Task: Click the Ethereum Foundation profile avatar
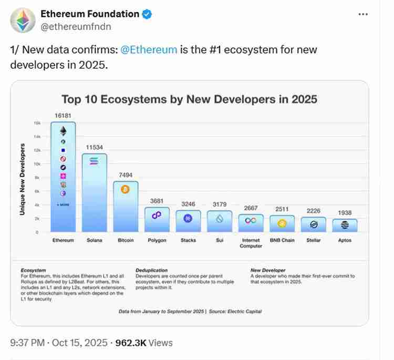(22, 20)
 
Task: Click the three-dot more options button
(363, 14)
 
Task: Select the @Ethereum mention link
(149, 50)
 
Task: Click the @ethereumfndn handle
(76, 26)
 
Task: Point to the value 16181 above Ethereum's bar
(63, 115)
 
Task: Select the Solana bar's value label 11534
(95, 148)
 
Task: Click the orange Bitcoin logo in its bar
(125, 189)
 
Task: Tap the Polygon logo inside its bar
(157, 214)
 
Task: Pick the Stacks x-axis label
(188, 240)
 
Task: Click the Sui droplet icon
(220, 219)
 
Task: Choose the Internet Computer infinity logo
(251, 221)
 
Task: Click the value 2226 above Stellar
(314, 211)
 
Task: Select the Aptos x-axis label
(345, 240)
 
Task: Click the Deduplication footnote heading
(152, 270)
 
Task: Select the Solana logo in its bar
(95, 161)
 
